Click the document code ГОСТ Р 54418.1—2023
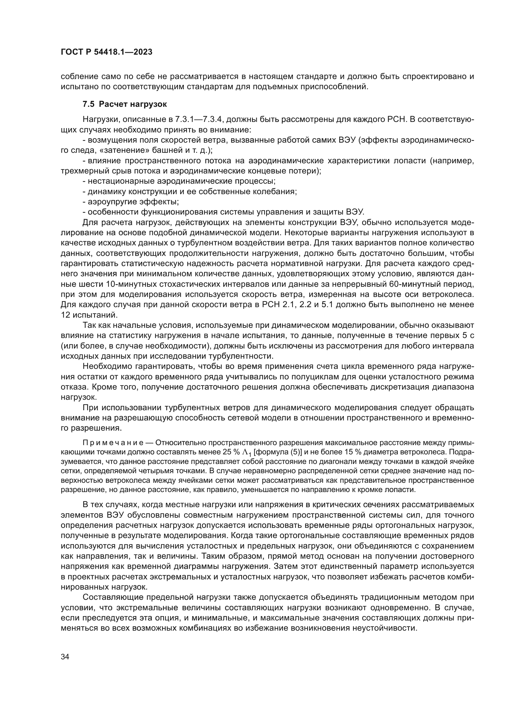click(x=106, y=52)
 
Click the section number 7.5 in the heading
click(x=88, y=104)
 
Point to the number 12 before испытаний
click(x=65, y=315)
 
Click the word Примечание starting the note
click(x=113, y=443)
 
